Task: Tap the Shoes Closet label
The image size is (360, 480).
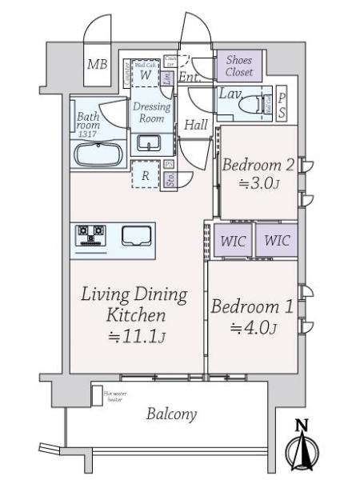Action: (238, 66)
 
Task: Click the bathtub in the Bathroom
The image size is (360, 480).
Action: (96, 154)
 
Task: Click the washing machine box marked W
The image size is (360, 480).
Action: (146, 74)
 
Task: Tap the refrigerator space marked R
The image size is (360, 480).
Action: (146, 176)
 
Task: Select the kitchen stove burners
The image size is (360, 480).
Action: (90, 236)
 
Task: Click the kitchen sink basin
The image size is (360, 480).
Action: (136, 236)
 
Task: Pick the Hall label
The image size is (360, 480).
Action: (195, 125)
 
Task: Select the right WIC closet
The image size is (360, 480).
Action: (276, 239)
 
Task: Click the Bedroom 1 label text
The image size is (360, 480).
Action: (253, 306)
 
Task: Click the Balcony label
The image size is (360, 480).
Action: (171, 414)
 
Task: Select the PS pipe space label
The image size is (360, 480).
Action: (282, 105)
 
